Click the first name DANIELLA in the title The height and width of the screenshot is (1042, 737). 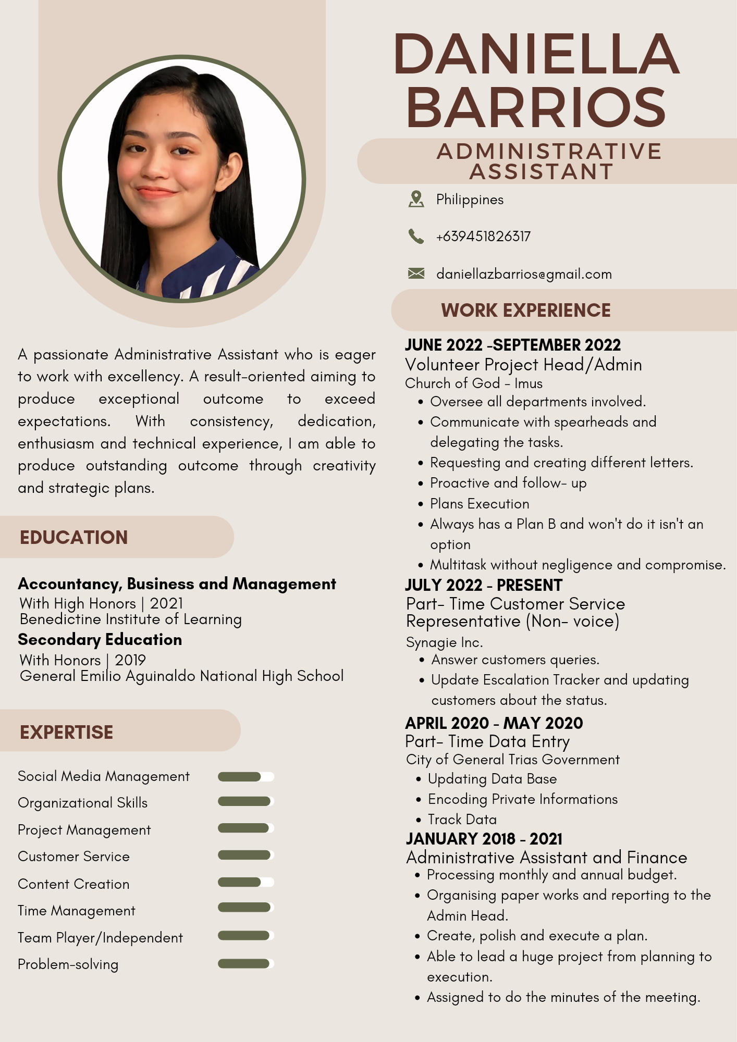(537, 54)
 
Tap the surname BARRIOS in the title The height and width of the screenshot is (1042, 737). (536, 107)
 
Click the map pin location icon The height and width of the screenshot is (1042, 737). (416, 199)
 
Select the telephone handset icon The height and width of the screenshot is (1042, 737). (416, 237)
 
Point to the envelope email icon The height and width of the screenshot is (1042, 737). (416, 274)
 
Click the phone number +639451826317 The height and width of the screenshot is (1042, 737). (483, 237)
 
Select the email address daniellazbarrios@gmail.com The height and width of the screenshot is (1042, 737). (524, 274)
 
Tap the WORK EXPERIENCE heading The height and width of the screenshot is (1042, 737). (525, 311)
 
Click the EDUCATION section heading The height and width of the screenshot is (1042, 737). (73, 538)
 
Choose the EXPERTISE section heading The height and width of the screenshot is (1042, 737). (66, 733)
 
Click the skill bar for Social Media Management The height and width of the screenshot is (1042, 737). (245, 777)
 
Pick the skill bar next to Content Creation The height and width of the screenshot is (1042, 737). (245, 883)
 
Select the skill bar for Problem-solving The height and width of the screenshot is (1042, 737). (245, 964)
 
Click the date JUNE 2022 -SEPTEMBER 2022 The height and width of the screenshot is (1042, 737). (513, 345)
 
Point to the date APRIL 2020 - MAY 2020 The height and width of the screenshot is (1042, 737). (494, 723)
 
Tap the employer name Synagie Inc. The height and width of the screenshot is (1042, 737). (444, 642)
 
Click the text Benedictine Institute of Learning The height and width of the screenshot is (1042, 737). (131, 619)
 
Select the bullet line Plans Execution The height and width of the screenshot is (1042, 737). (480, 504)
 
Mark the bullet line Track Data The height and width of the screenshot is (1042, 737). (462, 820)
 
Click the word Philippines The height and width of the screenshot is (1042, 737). (470, 200)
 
